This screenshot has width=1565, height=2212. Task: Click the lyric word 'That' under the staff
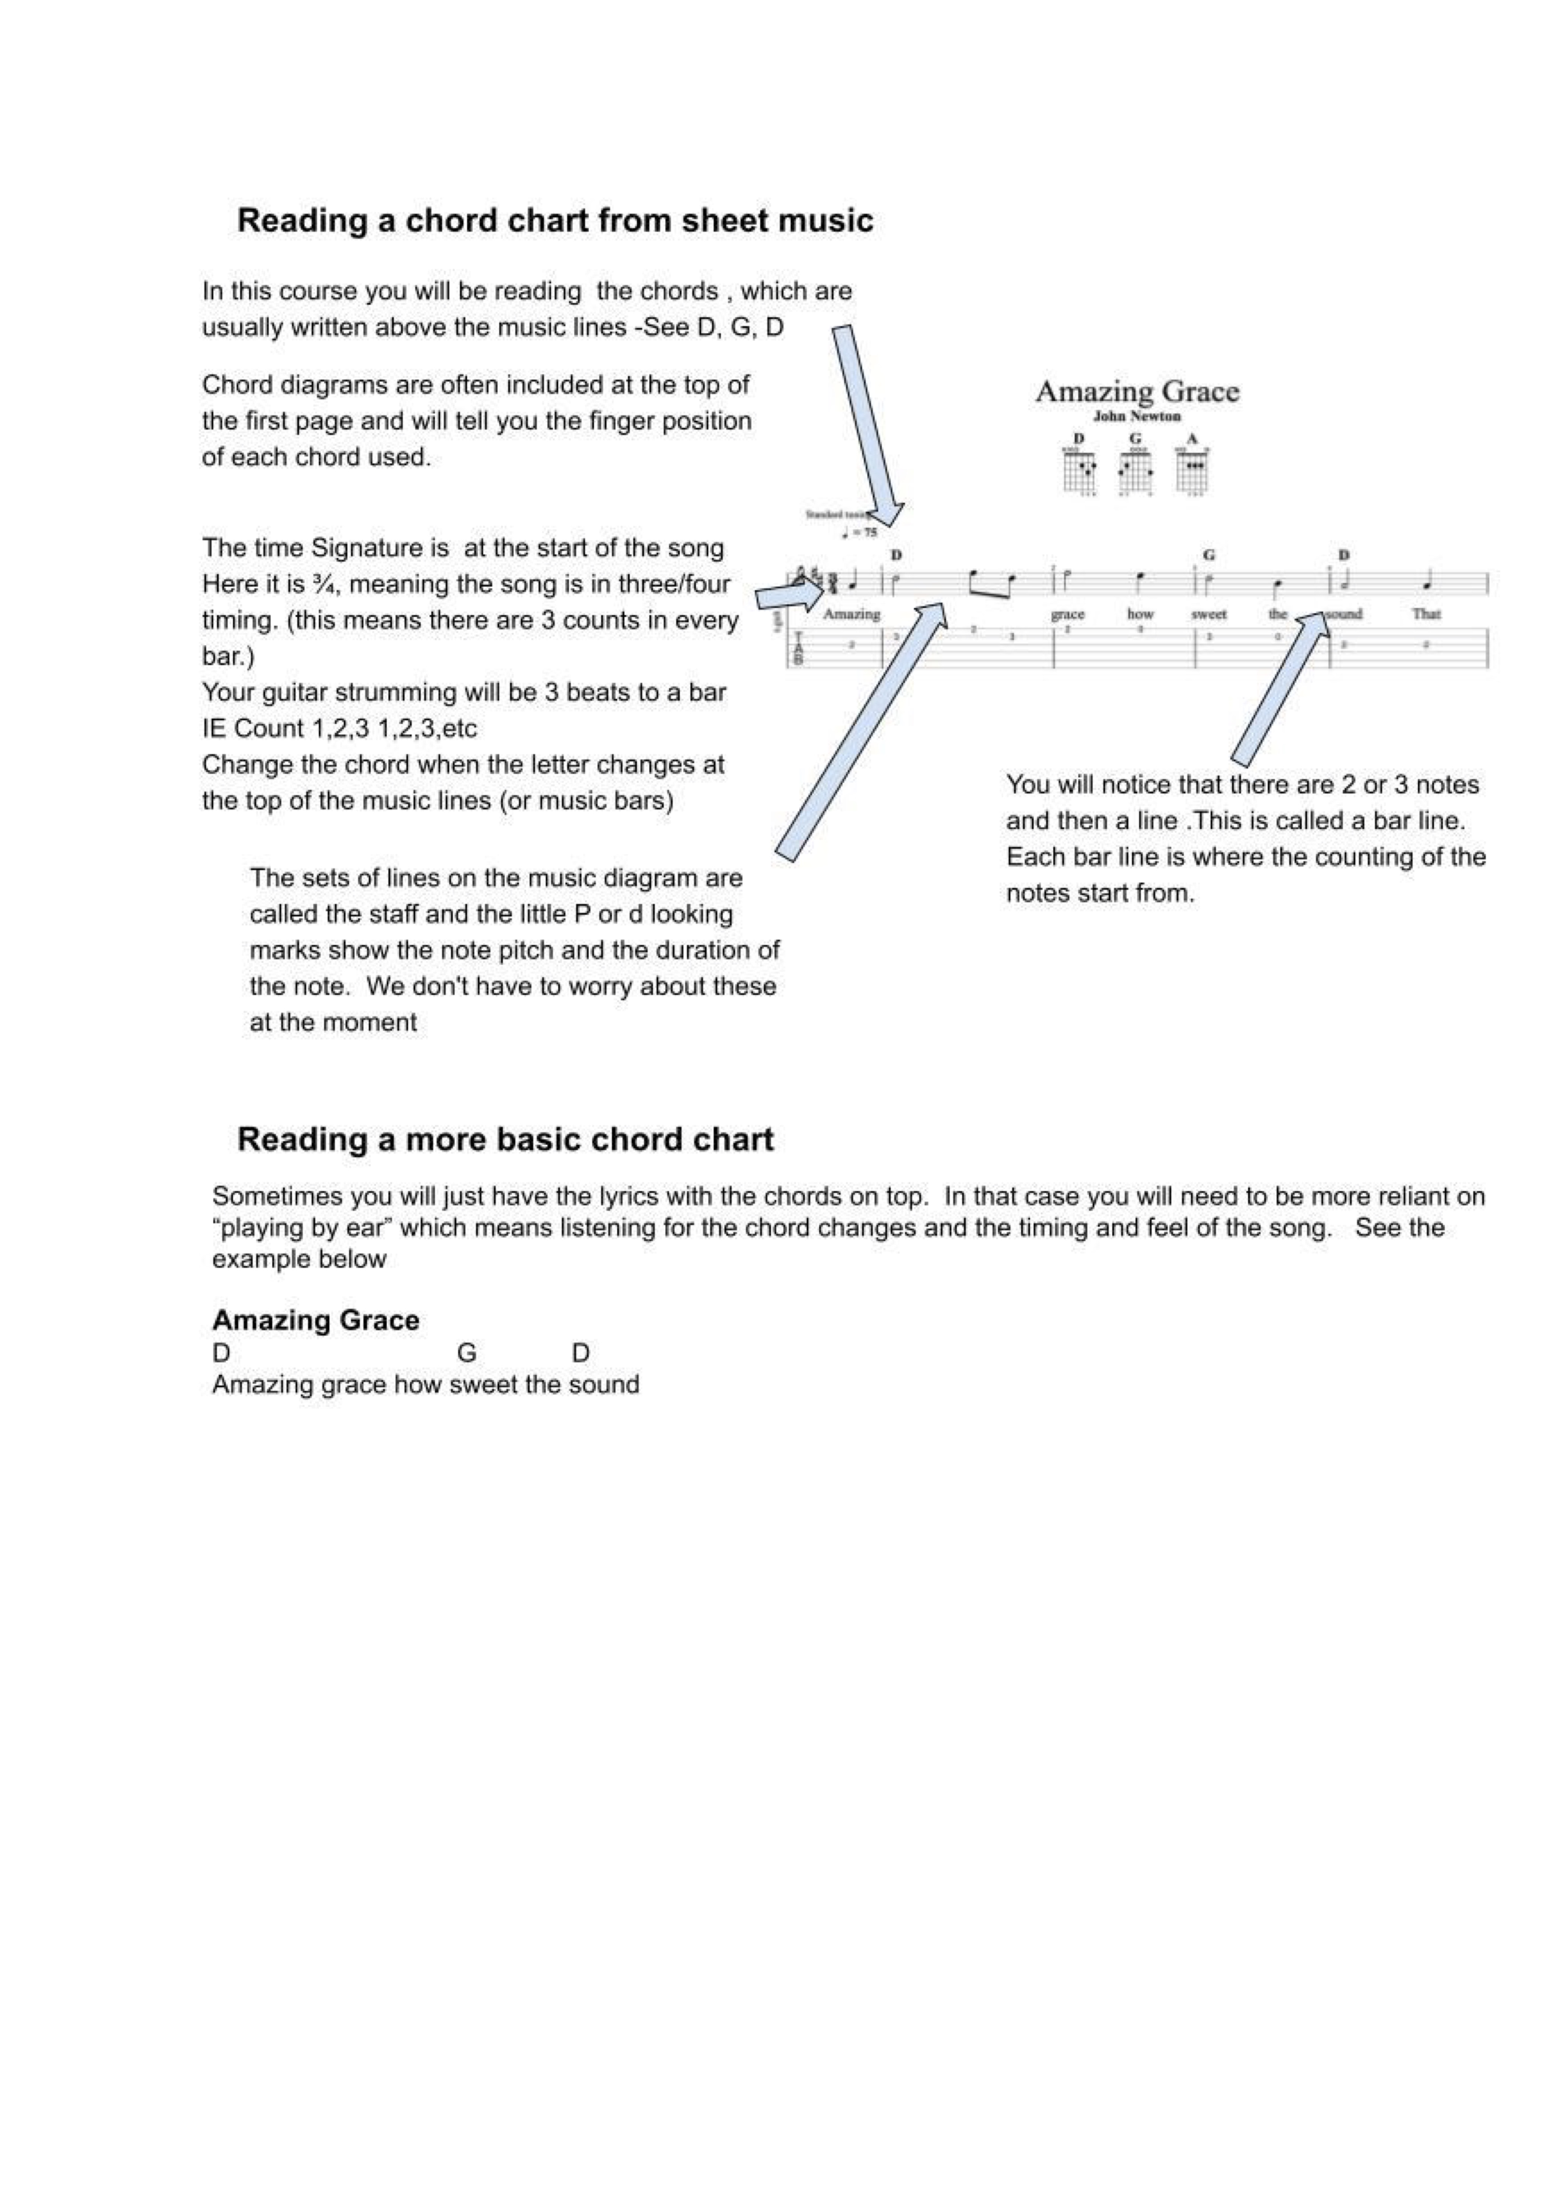click(1426, 614)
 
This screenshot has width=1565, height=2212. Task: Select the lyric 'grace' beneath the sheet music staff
click(1068, 614)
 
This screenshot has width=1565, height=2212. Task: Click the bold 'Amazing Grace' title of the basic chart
click(315, 1320)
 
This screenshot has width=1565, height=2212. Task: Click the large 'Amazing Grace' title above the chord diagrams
click(1137, 391)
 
